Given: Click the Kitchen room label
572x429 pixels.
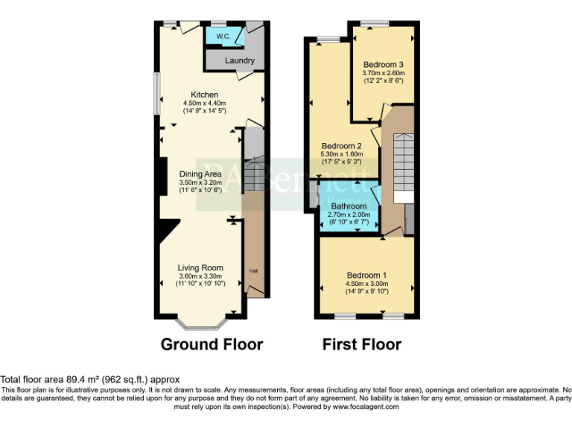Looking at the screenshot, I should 204,95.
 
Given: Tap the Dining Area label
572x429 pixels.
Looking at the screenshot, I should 200,174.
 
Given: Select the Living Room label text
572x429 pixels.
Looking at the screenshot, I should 200,267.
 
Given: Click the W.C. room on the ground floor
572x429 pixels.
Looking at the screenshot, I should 223,36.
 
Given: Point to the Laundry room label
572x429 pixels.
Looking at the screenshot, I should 239,60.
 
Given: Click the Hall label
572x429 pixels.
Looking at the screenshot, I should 253,270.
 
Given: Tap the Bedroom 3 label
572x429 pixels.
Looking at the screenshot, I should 383,64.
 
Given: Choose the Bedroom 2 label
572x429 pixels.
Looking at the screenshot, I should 342,145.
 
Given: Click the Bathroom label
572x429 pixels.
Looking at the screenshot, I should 349,206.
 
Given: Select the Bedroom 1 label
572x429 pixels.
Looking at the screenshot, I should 366,275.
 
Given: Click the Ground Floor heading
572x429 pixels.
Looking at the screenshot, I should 212,344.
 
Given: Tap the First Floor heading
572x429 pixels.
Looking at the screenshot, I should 361,344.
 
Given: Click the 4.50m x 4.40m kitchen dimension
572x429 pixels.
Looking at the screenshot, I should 204,103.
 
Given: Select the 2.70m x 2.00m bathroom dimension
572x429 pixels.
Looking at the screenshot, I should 349,214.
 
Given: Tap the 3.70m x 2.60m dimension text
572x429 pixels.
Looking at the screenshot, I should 383,73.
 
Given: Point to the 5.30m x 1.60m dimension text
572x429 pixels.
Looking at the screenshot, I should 342,154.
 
